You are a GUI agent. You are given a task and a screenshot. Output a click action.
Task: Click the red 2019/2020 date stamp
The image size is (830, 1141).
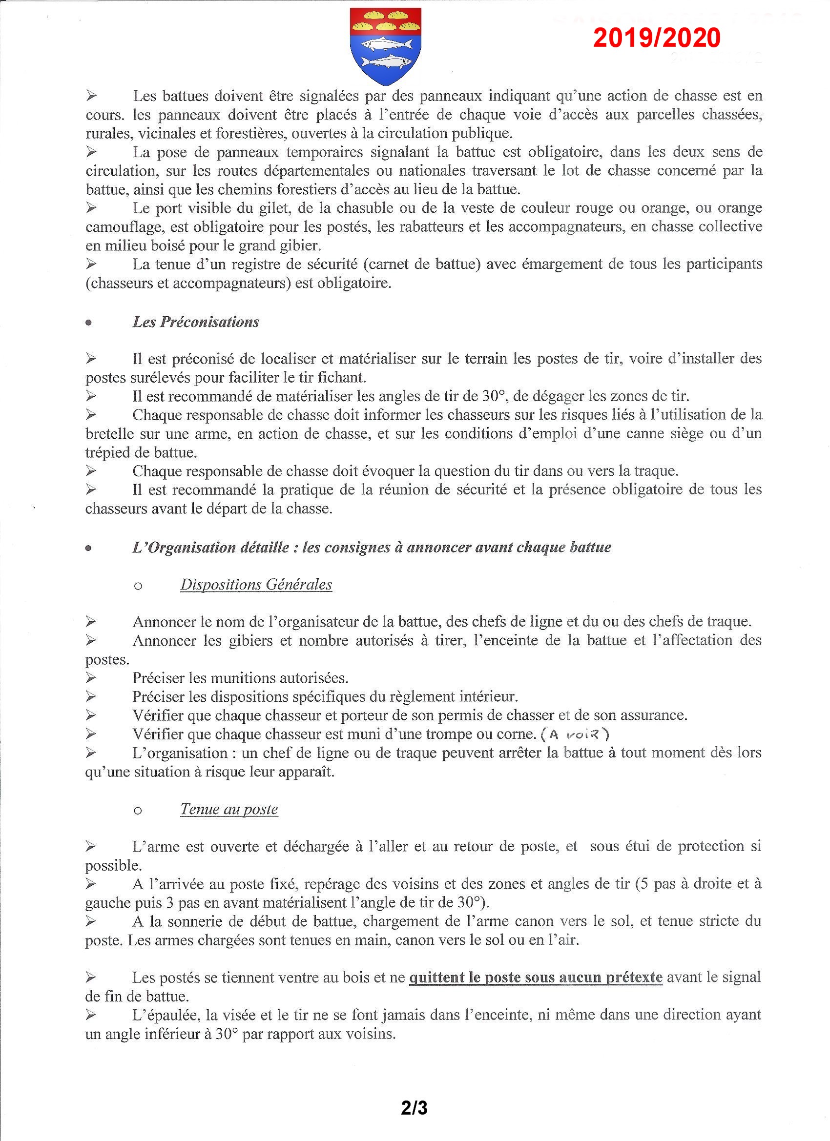(x=656, y=38)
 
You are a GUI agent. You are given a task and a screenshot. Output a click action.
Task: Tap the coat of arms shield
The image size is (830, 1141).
(x=385, y=46)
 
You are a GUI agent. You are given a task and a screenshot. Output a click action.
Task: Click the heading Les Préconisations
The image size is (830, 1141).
(x=196, y=322)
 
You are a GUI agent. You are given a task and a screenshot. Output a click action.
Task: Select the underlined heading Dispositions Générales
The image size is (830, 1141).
(x=256, y=585)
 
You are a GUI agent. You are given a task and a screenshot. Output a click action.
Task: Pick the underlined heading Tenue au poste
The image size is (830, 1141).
(x=229, y=809)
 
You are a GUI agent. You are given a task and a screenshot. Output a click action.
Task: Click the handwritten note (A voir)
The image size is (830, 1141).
(x=575, y=734)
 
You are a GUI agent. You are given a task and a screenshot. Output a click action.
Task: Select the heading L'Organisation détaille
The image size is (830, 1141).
(x=372, y=548)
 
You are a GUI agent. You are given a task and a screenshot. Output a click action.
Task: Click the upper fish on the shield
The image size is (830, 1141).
(x=385, y=44)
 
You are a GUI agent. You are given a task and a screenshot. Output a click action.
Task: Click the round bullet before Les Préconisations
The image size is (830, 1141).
(x=89, y=323)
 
